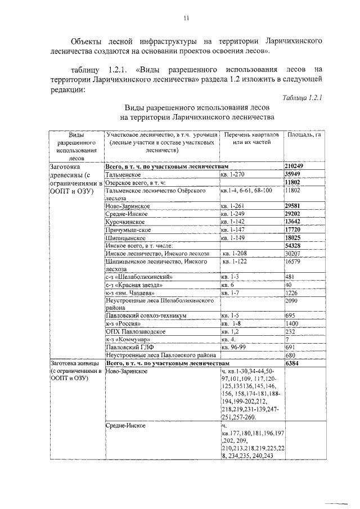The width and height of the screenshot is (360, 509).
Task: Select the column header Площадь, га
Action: (x=304, y=135)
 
